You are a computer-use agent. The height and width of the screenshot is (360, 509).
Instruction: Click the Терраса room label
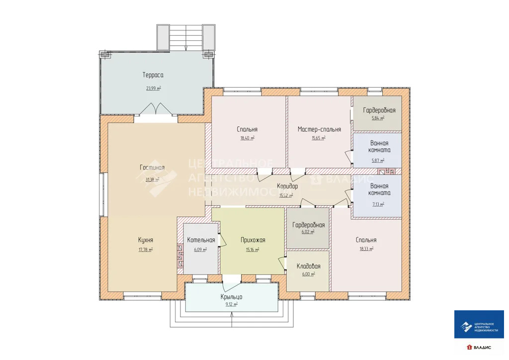[x=153, y=75]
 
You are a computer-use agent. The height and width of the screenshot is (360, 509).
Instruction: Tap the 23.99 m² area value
[x=154, y=88]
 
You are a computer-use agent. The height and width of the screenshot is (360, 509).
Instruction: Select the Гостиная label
[x=152, y=168]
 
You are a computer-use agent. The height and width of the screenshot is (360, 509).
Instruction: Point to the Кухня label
[x=146, y=240]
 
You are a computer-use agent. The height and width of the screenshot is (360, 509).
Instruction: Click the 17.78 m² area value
[x=146, y=250]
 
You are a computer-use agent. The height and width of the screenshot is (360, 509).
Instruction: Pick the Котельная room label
[x=201, y=240]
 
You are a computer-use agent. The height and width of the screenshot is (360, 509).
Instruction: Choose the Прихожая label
[x=253, y=240]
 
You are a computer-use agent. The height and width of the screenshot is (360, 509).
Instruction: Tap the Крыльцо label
[x=231, y=297]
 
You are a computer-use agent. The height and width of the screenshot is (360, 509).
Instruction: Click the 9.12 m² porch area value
[x=232, y=304]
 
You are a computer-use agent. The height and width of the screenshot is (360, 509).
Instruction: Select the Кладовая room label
[x=308, y=266]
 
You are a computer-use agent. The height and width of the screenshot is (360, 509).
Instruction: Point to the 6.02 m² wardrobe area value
[x=308, y=232]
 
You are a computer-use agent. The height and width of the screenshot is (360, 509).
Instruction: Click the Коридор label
[x=287, y=186]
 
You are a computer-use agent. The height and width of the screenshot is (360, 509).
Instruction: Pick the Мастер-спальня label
[x=319, y=129]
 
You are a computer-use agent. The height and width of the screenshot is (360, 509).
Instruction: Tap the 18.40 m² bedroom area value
[x=248, y=138]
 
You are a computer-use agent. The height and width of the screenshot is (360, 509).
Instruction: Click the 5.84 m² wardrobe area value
[x=378, y=118]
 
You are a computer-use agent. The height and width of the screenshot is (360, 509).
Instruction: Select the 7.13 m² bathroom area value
[x=378, y=204]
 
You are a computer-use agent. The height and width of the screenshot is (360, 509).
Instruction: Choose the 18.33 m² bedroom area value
[x=366, y=249]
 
